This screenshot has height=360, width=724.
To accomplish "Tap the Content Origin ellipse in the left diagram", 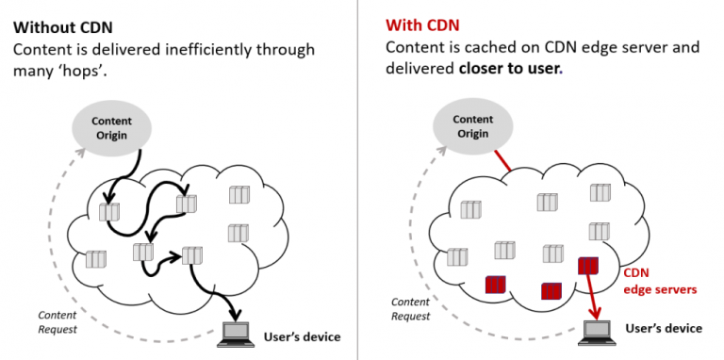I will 111,128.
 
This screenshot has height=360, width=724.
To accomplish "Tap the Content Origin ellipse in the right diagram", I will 472,127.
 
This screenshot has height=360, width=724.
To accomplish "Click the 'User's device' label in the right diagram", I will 664,328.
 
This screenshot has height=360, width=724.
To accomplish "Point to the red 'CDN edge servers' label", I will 660,281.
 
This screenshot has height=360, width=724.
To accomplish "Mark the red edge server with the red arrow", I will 587,267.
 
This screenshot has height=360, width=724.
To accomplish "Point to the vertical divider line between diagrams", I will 359,179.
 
